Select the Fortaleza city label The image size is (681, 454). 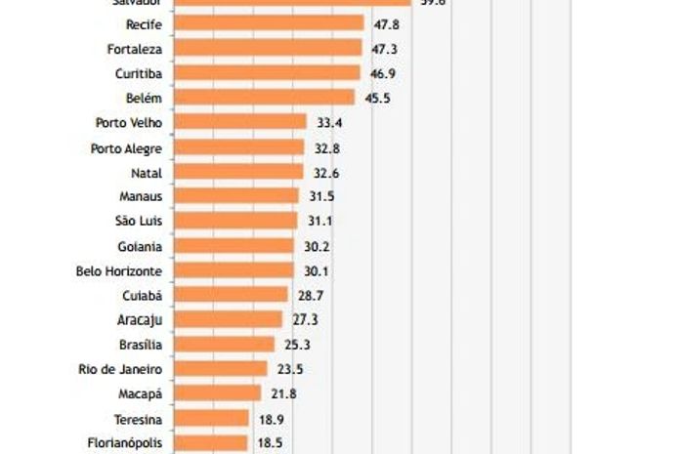(134, 48)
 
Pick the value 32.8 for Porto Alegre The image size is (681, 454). (329, 148)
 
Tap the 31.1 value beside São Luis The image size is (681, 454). (320, 222)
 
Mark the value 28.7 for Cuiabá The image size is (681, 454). (309, 295)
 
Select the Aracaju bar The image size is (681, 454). (230, 319)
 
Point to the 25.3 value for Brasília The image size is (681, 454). (296, 344)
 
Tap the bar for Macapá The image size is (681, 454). (219, 392)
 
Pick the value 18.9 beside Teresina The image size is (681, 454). (272, 419)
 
